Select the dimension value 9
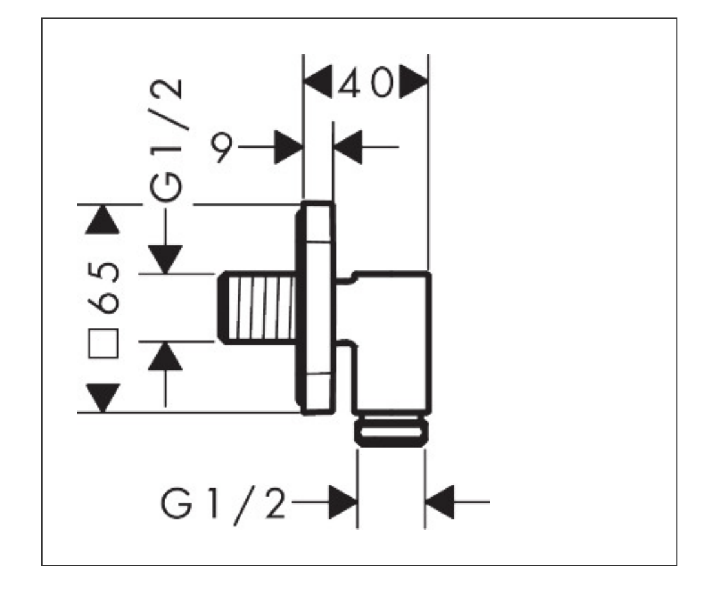coord(222,148)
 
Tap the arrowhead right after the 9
coord(288,148)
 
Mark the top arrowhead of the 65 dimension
coord(103,219)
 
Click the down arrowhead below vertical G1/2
coord(167,259)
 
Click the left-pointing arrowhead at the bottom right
coord(441,502)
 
